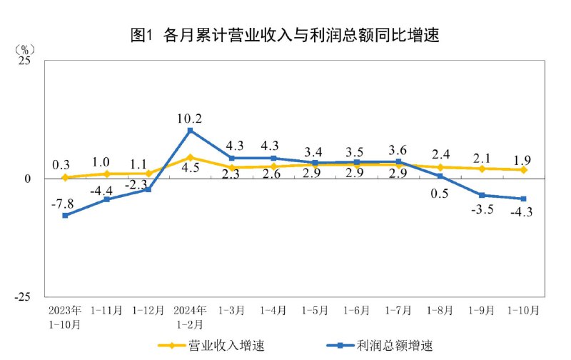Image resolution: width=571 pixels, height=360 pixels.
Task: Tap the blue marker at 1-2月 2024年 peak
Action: (190, 131)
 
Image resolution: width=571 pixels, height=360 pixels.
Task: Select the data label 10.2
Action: (190, 119)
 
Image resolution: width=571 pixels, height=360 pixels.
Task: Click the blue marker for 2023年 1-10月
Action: (65, 215)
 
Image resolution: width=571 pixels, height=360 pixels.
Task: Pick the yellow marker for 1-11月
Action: (107, 174)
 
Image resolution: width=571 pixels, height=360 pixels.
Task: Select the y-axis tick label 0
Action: (29, 179)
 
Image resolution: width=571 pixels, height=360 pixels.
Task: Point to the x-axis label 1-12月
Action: (148, 311)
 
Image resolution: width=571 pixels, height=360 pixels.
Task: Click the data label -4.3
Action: (521, 211)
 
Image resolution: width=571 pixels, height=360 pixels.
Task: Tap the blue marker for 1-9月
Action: (482, 195)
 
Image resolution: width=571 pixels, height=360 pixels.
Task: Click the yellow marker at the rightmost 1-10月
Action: (523, 169)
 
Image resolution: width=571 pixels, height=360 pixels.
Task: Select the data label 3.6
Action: (399, 150)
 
